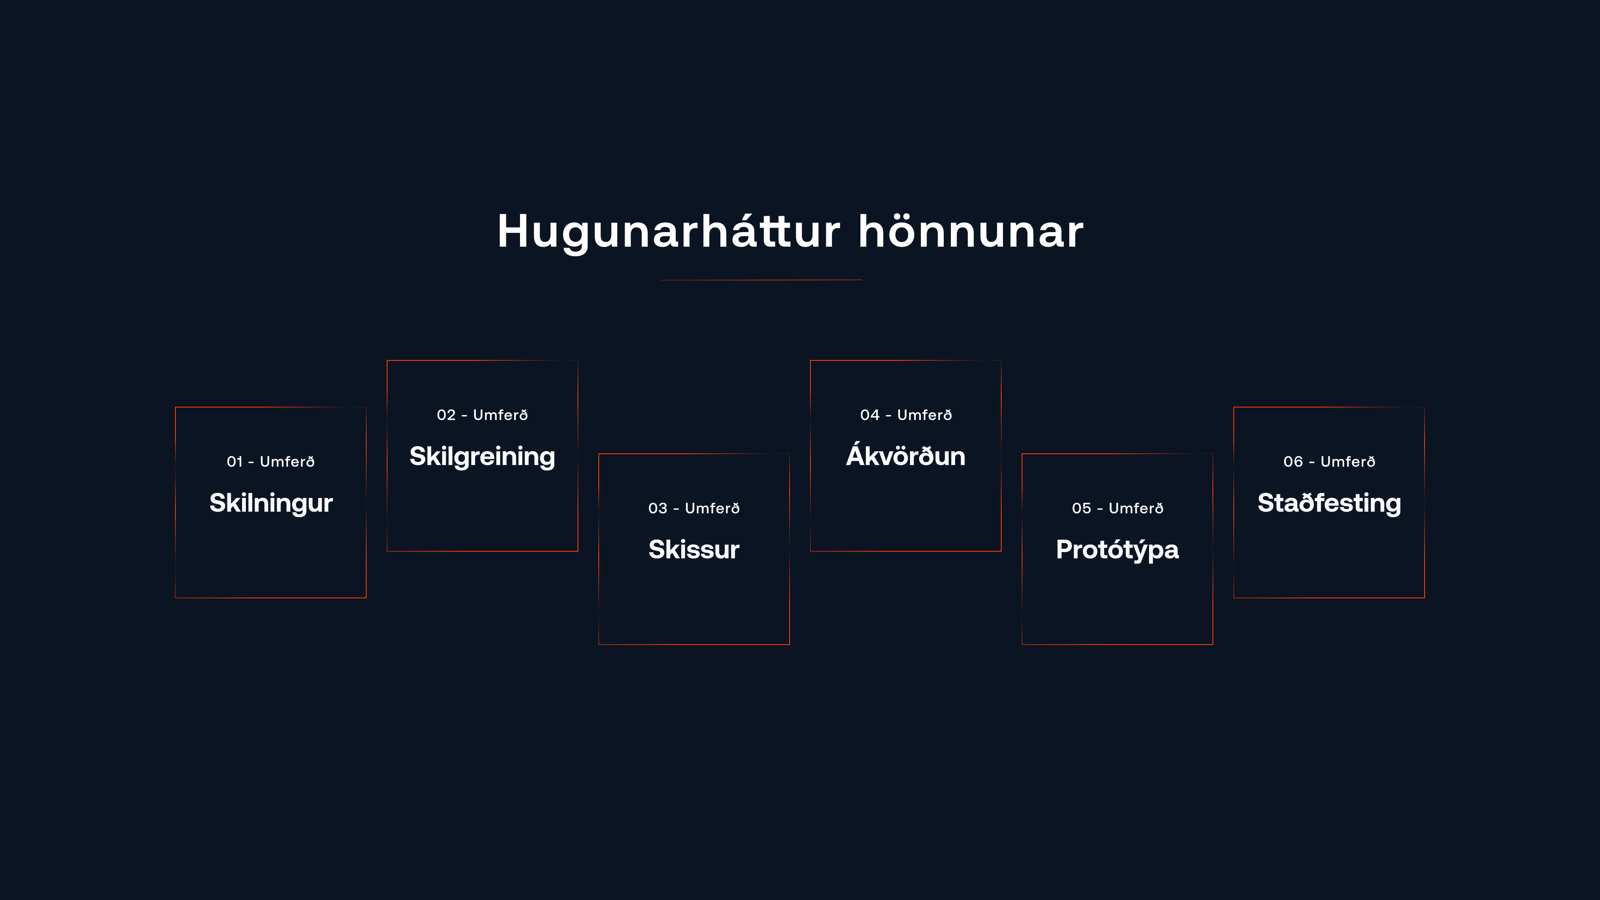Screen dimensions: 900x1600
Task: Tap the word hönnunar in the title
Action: (971, 232)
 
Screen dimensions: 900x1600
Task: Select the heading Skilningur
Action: (271, 503)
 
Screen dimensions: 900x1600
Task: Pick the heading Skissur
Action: (694, 550)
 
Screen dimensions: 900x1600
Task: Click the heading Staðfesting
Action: (1329, 503)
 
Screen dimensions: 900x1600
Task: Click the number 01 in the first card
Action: (234, 462)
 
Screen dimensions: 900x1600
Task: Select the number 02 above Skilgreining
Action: (446, 415)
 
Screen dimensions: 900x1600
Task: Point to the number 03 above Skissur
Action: (657, 508)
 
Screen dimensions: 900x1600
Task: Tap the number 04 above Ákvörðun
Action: (870, 415)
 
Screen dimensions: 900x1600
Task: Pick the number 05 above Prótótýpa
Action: (1081, 508)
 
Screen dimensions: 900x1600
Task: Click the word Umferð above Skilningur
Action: (287, 462)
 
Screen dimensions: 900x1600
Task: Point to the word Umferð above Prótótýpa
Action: (1135, 508)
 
